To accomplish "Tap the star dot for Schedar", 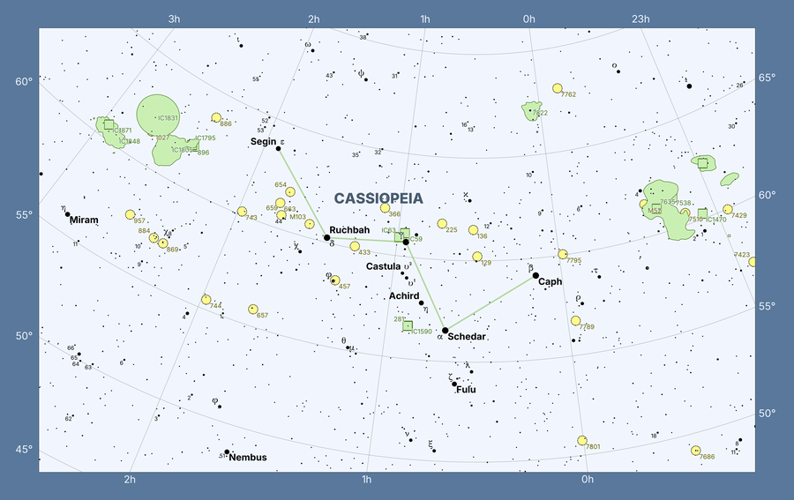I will pos(446,331).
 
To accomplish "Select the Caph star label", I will pos(551,282).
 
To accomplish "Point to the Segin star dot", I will pos(278,148).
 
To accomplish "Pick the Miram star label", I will pos(85,220).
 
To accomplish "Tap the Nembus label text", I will pos(248,458).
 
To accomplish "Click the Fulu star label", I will pos(467,389).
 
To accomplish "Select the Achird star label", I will pos(404,296).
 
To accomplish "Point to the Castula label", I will pos(384,266).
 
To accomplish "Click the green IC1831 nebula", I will pos(158,116).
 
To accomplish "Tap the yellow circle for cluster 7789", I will pos(576,321).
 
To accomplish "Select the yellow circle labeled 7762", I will pos(558,88).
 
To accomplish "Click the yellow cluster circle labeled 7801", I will pos(582,440).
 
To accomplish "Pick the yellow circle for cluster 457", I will pos(334,280).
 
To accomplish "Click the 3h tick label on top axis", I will pos(174,19).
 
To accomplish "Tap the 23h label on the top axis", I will pos(640,19).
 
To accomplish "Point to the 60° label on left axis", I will pos(23,82).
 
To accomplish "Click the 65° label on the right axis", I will pos(768,78).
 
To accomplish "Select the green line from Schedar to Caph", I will pos(491,303).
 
